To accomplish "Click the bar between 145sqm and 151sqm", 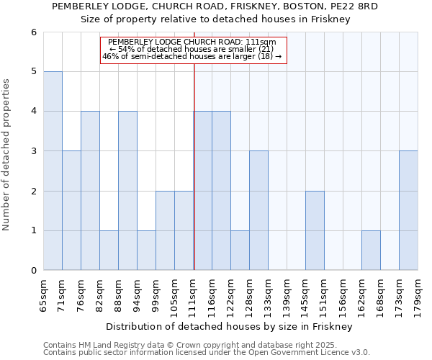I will click(x=315, y=230).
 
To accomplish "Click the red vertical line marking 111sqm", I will click(x=194, y=180).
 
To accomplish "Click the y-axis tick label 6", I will click(x=33, y=32).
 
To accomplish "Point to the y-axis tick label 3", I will click(x=33, y=151).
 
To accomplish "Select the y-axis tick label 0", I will click(x=33, y=271).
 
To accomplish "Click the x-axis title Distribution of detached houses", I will click(x=230, y=326).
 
